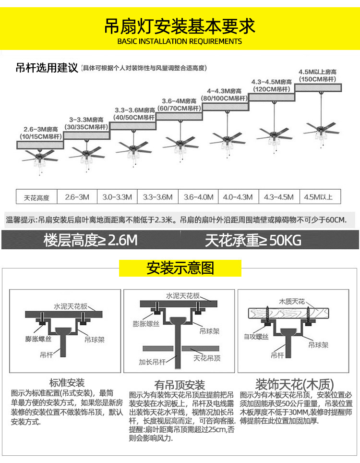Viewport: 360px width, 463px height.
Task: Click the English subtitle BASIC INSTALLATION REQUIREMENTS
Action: coord(180,41)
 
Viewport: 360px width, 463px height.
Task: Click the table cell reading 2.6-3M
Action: coord(77,196)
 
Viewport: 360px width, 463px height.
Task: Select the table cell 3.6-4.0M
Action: coord(198,196)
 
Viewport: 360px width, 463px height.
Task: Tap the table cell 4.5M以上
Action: coord(320,196)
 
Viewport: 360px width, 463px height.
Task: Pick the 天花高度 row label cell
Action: coord(36,196)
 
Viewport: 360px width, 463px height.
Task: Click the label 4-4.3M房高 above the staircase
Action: coord(224,91)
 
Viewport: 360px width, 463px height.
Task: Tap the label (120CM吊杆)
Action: coord(272,89)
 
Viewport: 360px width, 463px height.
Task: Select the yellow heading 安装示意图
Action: coord(180,268)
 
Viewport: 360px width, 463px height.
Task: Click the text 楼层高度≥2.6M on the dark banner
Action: coord(91,240)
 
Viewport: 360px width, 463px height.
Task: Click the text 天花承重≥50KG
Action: coord(253,240)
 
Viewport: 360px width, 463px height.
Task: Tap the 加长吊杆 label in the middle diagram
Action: coord(152,362)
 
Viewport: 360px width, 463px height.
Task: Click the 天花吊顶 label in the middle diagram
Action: coord(207,358)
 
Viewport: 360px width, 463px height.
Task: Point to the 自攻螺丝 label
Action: coord(256,337)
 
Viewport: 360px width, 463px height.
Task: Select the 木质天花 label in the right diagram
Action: coord(291,302)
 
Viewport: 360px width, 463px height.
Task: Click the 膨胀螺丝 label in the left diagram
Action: coord(38,339)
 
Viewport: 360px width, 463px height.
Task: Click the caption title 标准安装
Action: coord(67,383)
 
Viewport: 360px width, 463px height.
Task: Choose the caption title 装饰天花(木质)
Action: coord(295,384)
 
